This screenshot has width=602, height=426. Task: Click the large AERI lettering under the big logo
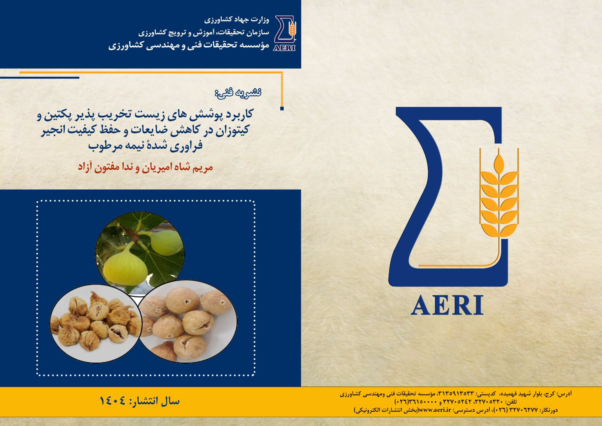coord(447,305)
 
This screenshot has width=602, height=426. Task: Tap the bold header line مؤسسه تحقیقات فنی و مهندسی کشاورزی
coord(189,46)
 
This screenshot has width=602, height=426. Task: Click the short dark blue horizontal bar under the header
coord(39,78)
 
